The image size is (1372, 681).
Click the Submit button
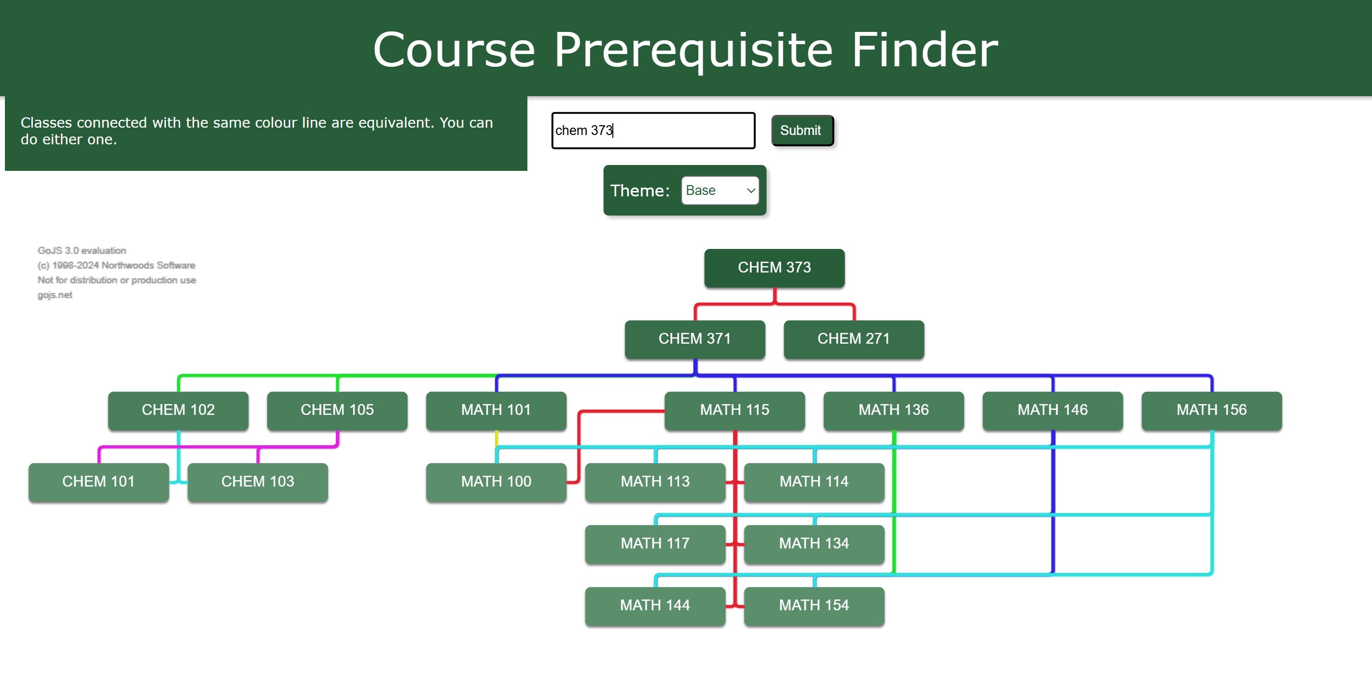click(x=801, y=131)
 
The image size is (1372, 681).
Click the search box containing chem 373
click(x=653, y=131)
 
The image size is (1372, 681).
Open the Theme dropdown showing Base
click(x=719, y=191)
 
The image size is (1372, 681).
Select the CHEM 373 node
click(x=774, y=268)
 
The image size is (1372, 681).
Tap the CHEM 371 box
click(x=694, y=339)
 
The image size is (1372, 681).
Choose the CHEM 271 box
click(x=853, y=339)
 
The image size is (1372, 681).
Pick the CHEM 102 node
click(x=178, y=410)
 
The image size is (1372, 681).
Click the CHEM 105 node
click(x=337, y=410)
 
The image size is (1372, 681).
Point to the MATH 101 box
click(x=496, y=410)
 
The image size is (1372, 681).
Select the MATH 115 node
click(x=735, y=410)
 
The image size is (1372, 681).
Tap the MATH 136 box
click(x=893, y=410)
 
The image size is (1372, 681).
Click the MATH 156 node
click(x=1211, y=410)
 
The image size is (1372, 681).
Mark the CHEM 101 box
click(x=99, y=482)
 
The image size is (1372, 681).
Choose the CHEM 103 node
click(x=257, y=482)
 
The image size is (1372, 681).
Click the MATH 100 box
click(x=496, y=482)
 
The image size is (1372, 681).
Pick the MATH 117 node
click(x=655, y=544)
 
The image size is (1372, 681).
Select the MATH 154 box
click(x=814, y=605)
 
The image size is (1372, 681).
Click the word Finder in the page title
click(x=924, y=50)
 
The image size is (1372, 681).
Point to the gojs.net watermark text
click(x=55, y=295)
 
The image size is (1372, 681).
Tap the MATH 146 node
click(x=1052, y=410)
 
